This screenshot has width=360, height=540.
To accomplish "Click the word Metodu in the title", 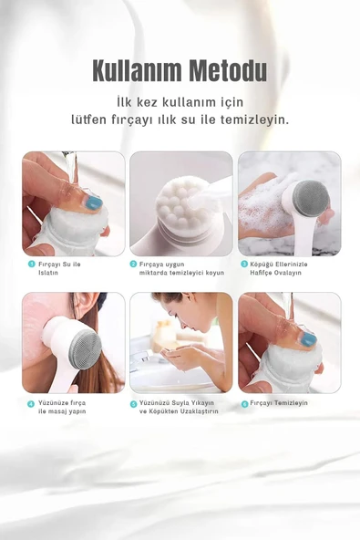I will coord(223,71).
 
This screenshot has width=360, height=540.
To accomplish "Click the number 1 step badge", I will coord(31,264).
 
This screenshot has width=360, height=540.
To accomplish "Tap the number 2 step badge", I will coord(133,264).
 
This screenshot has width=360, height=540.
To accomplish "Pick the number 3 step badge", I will coord(244,264).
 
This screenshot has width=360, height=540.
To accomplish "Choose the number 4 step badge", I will coord(31,403).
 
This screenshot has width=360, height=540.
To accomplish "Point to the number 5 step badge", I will coord(133,403).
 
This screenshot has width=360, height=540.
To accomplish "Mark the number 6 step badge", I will coord(244,403).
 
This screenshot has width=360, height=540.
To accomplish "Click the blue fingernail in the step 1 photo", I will coord(94,202).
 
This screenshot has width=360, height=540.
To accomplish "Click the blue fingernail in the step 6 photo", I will coord(309,339).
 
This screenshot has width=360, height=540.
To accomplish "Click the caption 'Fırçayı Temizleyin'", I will coord(280,403).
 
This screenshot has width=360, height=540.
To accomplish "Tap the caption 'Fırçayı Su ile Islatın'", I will coord(60,268).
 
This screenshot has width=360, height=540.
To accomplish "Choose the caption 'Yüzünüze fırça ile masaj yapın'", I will coord(63,407).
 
